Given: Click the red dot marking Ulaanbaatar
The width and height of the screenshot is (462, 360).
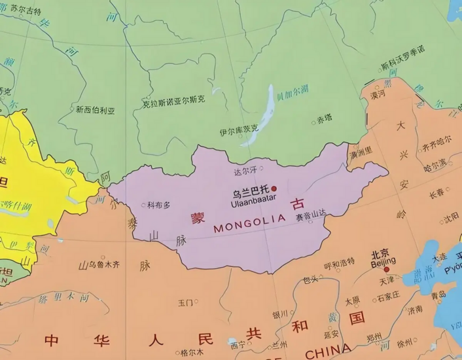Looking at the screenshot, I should tap(274, 189).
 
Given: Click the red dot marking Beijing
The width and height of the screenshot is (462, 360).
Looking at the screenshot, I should tap(386, 269).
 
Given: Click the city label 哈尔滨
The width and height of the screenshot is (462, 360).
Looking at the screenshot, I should tap(435, 162).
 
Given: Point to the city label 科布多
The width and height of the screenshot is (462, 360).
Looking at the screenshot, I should tap(159, 206).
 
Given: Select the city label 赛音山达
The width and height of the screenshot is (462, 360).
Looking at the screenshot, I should tap(311, 214).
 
